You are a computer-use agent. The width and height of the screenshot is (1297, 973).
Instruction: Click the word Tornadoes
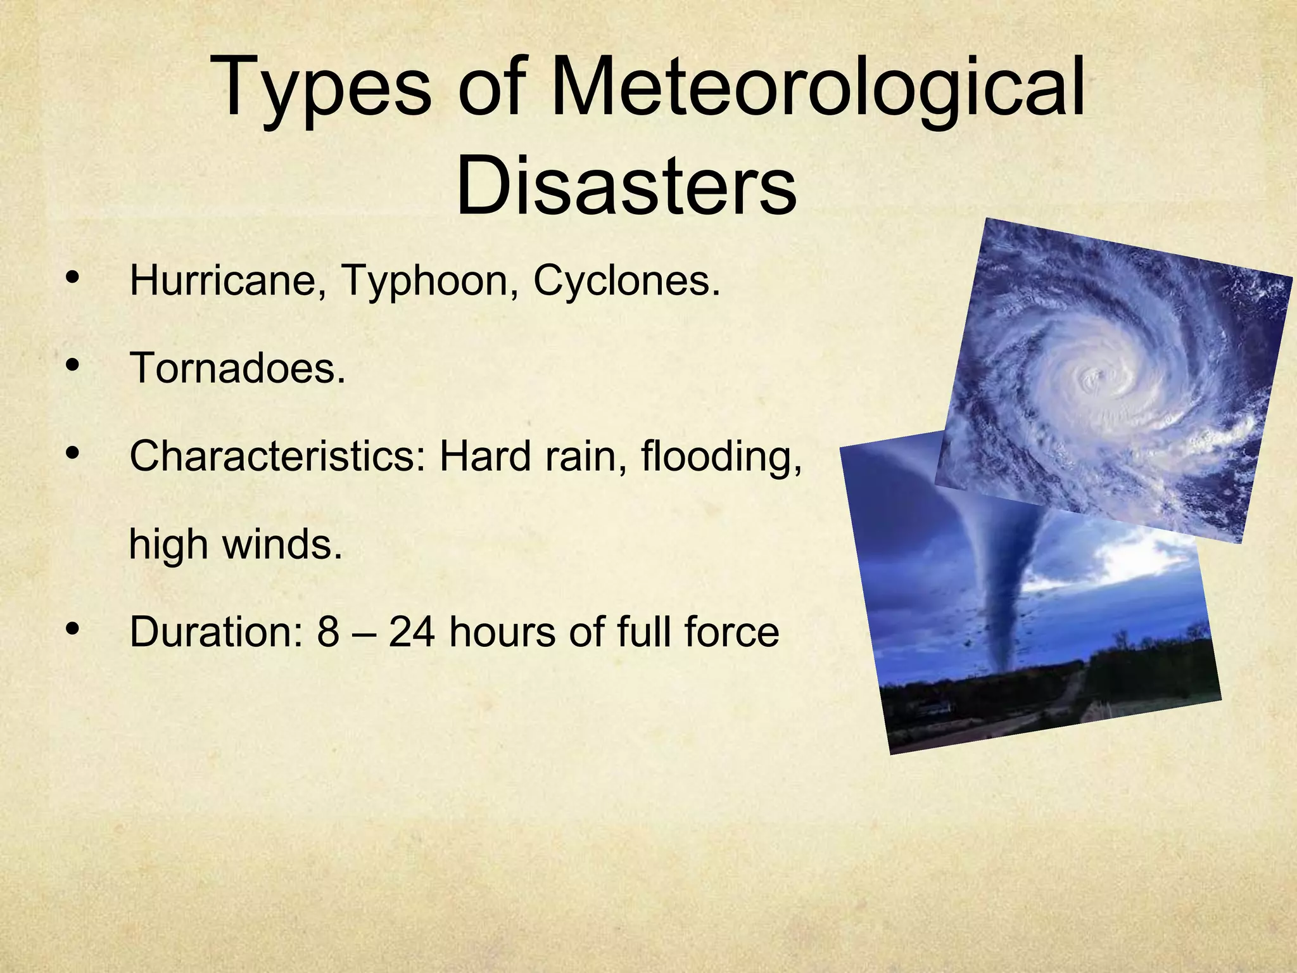click(238, 368)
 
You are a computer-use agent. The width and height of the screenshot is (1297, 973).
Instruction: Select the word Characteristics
click(277, 456)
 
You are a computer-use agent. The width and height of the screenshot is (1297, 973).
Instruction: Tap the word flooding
click(721, 456)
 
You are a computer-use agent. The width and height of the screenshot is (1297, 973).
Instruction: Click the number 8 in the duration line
click(328, 632)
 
